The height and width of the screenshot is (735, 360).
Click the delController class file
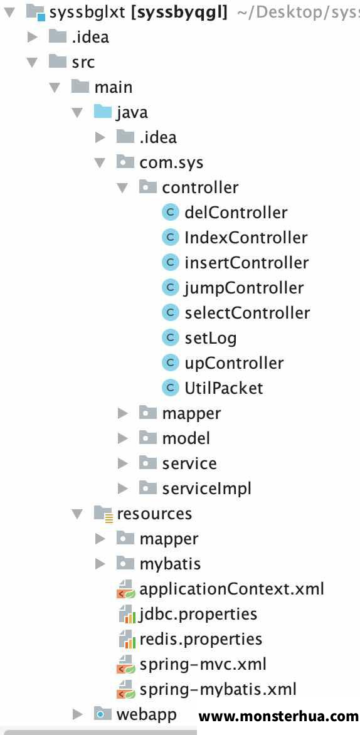[236, 213]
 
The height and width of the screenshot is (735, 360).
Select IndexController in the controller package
[246, 238]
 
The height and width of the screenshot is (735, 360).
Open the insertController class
[246, 263]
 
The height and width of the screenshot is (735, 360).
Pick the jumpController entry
[244, 288]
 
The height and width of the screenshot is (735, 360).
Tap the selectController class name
[247, 313]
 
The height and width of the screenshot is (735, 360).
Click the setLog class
[211, 338]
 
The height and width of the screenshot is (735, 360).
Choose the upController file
[234, 363]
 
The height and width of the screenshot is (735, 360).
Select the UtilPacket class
[224, 388]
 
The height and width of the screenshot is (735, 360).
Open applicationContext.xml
[231, 589]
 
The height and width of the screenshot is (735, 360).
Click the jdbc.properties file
[198, 614]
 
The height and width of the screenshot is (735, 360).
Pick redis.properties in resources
[201, 640]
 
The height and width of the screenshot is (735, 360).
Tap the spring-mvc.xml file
[203, 664]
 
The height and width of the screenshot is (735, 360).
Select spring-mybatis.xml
[218, 689]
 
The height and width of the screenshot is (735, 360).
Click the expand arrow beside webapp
[78, 714]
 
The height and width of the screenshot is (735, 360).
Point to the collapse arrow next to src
[33, 62]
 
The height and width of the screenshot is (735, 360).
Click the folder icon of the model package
[147, 438]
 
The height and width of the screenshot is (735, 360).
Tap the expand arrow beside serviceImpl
[123, 489]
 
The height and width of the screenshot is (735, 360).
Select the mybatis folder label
[170, 564]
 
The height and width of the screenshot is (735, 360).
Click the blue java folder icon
[103, 112]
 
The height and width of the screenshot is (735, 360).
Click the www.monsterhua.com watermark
[278, 716]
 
